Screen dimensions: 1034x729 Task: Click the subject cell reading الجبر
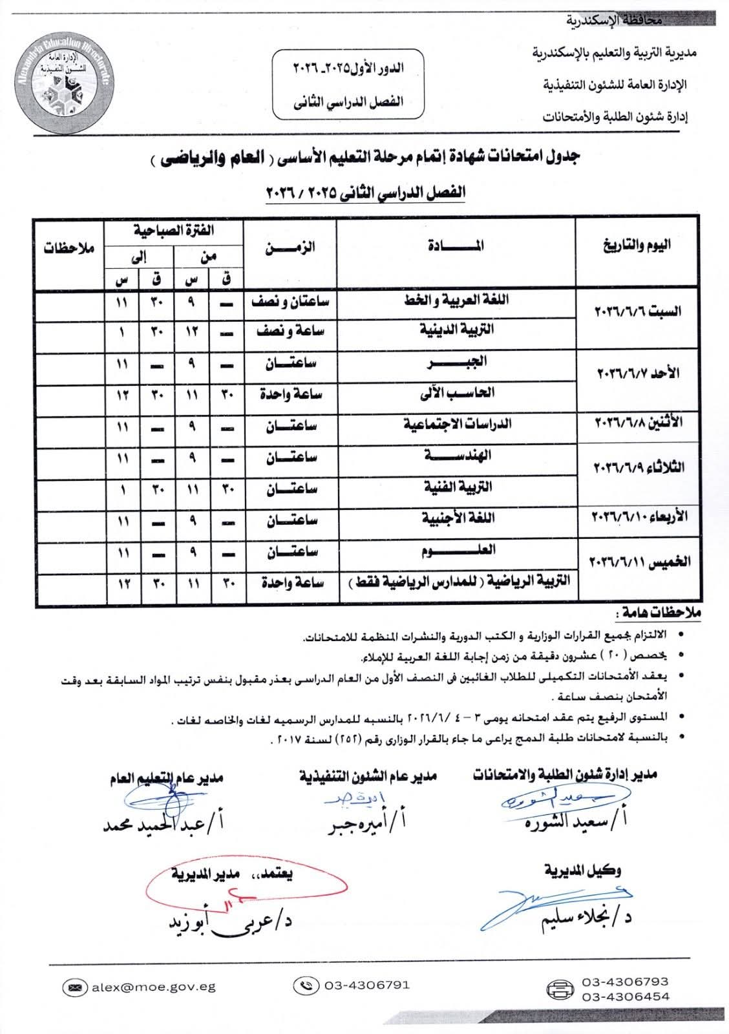click(457, 364)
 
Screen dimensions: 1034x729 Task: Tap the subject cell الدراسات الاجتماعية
click(457, 425)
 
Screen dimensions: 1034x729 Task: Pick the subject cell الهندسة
click(457, 458)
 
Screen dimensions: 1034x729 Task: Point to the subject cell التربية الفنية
click(457, 489)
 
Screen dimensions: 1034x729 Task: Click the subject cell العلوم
click(457, 553)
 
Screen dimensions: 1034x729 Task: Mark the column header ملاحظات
click(69, 248)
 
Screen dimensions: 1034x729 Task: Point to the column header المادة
click(456, 246)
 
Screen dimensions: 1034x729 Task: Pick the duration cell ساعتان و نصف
click(290, 302)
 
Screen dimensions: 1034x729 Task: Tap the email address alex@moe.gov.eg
click(153, 987)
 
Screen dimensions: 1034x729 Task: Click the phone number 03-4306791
click(366, 986)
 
